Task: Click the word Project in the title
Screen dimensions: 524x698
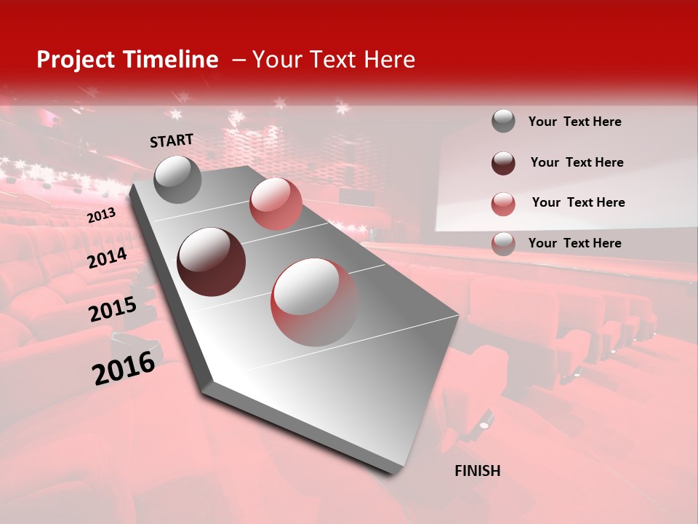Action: coord(76,60)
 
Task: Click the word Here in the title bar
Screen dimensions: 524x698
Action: coord(389,60)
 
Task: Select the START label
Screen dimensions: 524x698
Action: coord(172,140)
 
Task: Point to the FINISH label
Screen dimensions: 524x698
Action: coord(477,471)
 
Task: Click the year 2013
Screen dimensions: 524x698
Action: coord(101,215)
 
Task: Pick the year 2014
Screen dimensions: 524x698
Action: coord(107,258)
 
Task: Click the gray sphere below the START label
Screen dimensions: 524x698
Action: coord(177,179)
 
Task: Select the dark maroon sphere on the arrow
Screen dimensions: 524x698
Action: coord(211,262)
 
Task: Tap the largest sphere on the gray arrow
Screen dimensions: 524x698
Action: coord(315,302)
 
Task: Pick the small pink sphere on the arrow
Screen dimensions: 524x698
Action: coord(276,204)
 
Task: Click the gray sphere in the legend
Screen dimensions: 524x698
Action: coord(503,122)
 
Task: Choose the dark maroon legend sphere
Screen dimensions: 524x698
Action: coord(503,163)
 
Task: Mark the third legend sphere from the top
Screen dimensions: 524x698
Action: coord(503,204)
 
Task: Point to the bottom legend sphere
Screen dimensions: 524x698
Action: coord(503,244)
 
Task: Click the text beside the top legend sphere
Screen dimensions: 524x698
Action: coord(574,122)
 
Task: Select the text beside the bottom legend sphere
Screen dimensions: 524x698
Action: coord(574,243)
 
